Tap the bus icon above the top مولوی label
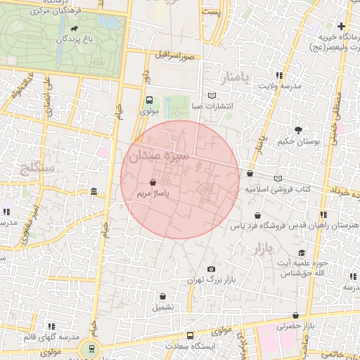coord(149,101)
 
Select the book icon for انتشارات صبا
coord(212,96)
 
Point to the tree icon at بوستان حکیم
coord(299,130)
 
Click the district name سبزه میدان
coord(159,154)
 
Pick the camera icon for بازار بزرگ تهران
coord(212,269)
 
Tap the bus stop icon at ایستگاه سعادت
coord(190,336)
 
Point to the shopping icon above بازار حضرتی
coord(295,316)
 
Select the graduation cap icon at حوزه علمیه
coord(302,253)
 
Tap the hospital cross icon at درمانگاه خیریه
coord(342,26)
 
